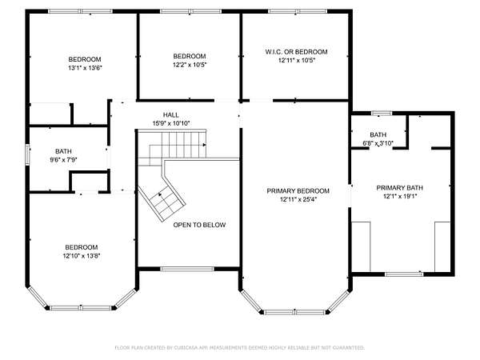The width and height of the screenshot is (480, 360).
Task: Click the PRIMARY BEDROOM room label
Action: (x=298, y=191)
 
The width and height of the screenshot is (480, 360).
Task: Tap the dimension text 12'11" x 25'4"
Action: (x=298, y=199)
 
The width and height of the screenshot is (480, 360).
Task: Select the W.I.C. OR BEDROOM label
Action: (x=296, y=52)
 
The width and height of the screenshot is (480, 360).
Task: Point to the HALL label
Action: (x=171, y=114)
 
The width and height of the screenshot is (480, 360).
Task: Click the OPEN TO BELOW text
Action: (x=199, y=225)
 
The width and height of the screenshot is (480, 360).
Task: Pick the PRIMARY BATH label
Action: (x=399, y=188)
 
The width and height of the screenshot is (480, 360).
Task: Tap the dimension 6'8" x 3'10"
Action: (x=378, y=143)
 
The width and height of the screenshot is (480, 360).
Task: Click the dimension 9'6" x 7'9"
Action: (x=63, y=159)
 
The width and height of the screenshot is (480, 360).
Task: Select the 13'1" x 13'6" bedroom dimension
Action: (x=85, y=68)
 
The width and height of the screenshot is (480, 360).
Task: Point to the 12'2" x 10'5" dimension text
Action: (x=190, y=65)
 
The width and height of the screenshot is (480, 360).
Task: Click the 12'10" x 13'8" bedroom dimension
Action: (x=82, y=256)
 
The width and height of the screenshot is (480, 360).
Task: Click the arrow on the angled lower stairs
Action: (x=160, y=194)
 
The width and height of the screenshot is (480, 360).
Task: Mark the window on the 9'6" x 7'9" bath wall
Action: (x=27, y=154)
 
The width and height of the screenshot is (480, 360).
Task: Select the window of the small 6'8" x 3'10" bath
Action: (x=382, y=113)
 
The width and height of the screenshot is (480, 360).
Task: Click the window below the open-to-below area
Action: (x=187, y=269)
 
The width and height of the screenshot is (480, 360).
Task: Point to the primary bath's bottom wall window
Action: (x=404, y=274)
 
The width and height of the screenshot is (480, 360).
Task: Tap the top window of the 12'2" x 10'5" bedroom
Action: (x=190, y=11)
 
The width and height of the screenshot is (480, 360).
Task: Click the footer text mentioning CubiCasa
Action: (x=240, y=347)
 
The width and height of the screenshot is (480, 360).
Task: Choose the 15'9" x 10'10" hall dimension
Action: (x=171, y=123)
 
